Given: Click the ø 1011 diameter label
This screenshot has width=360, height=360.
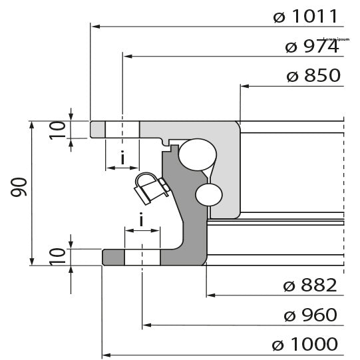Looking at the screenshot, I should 307,17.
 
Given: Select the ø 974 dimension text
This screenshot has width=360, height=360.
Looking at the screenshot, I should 311,47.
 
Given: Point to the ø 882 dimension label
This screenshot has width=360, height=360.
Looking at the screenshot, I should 309,285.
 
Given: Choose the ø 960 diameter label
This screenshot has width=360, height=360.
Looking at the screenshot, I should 309,315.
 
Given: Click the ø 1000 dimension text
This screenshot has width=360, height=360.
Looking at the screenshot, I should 305,344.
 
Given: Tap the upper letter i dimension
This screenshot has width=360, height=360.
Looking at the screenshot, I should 122,158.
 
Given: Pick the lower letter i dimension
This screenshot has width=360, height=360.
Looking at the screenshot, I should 142,220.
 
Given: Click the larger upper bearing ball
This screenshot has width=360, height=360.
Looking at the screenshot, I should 197,154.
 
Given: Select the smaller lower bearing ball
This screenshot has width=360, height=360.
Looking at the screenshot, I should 208,194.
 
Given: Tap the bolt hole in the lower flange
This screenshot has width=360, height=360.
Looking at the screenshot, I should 142,257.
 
